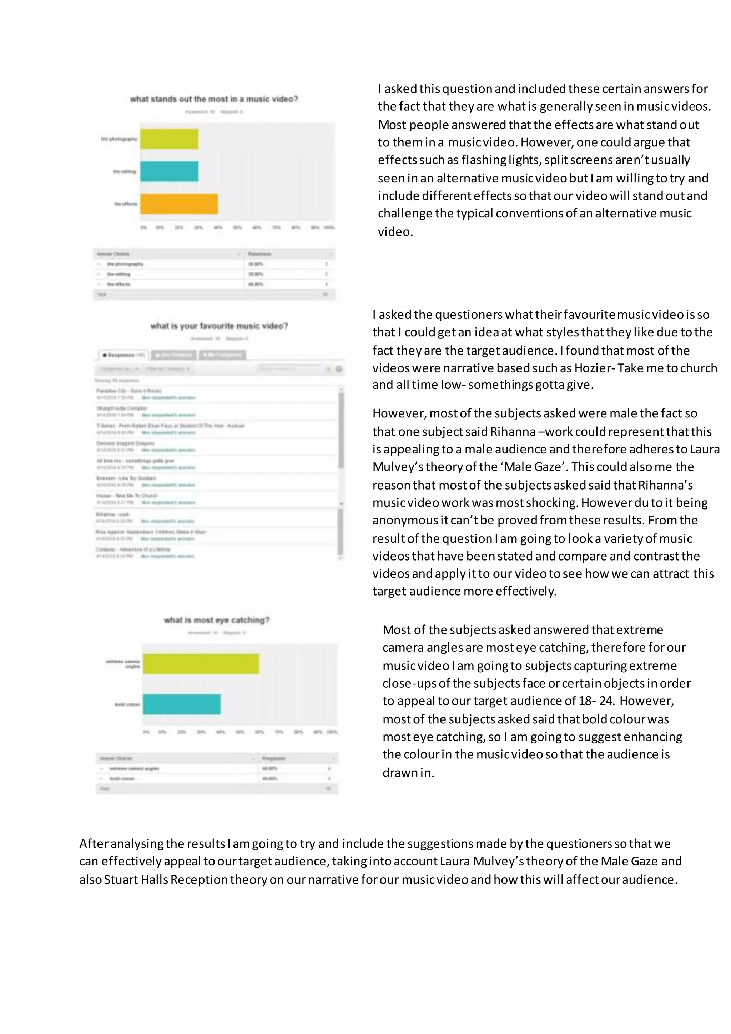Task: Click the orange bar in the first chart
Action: [179, 204]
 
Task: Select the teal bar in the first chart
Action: [169, 172]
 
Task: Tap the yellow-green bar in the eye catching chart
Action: [201, 663]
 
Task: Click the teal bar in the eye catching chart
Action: [181, 704]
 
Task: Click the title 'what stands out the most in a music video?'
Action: [214, 99]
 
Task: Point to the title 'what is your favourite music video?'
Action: [219, 326]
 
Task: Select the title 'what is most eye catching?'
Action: [217, 620]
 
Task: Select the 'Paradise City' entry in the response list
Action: [129, 391]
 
